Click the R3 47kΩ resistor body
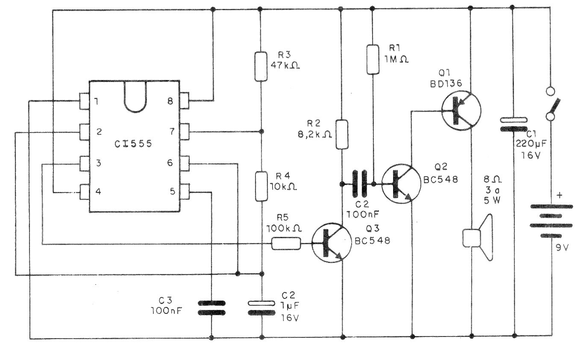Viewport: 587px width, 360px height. click(x=261, y=66)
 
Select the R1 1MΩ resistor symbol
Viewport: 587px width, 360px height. click(x=373, y=59)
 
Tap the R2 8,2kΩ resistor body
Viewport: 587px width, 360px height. click(x=342, y=135)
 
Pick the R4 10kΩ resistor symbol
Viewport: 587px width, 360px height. click(x=261, y=186)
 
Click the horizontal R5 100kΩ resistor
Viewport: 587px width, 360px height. click(x=286, y=243)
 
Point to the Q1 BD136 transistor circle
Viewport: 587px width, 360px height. click(x=461, y=110)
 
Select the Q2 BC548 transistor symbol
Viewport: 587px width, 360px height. click(x=401, y=184)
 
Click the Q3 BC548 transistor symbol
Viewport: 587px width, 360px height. click(x=332, y=243)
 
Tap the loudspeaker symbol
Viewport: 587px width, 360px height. click(x=478, y=238)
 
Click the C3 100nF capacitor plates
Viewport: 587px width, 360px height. click(x=211, y=308)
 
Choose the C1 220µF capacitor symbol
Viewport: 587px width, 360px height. click(x=514, y=124)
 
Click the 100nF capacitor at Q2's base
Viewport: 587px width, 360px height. click(x=360, y=183)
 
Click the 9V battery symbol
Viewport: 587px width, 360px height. click(x=552, y=221)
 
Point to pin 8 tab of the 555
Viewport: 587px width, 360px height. click(x=185, y=100)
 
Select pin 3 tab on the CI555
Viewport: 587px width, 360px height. click(x=85, y=164)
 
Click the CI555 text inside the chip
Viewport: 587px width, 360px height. click(x=133, y=144)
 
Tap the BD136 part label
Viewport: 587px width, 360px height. click(x=446, y=83)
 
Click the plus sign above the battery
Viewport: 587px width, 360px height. click(x=559, y=195)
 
